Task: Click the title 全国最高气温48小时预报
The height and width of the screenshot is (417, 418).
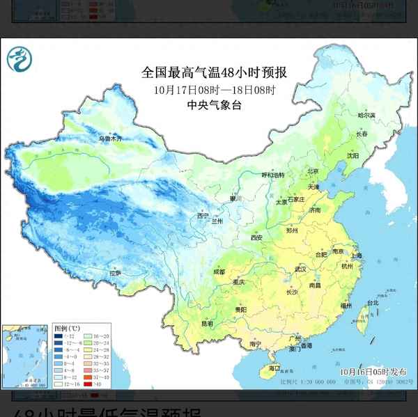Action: (215, 72)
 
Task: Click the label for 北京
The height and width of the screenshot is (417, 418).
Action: (313, 171)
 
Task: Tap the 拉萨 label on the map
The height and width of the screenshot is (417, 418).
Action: (114, 274)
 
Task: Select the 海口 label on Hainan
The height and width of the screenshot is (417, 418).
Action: (274, 368)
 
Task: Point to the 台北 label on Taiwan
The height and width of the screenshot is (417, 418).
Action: (373, 303)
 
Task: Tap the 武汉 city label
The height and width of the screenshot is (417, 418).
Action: (300, 268)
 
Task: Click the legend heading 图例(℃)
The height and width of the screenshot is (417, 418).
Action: (67, 328)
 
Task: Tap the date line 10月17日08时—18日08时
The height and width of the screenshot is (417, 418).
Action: (215, 89)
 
